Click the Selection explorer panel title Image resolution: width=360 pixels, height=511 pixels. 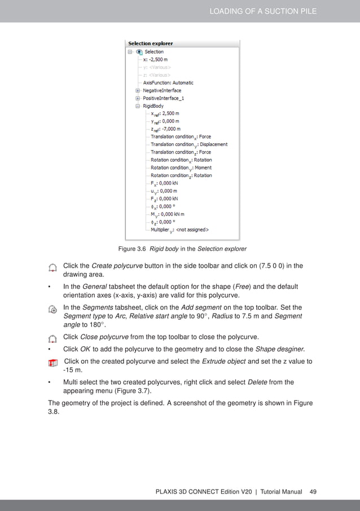(x=151, y=43)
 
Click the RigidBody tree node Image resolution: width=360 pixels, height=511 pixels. (x=153, y=105)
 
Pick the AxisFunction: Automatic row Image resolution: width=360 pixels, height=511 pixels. (x=168, y=82)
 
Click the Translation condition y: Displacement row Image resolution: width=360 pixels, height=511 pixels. (x=188, y=144)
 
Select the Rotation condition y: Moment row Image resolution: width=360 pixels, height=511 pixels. (x=181, y=168)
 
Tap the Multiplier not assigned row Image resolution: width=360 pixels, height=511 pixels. (x=179, y=230)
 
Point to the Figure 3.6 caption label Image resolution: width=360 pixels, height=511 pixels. (x=133, y=249)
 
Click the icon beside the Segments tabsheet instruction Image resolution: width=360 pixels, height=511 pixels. (x=52, y=309)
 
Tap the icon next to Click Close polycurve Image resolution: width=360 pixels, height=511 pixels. (x=52, y=338)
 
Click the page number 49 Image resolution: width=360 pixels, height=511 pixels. (x=313, y=492)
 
